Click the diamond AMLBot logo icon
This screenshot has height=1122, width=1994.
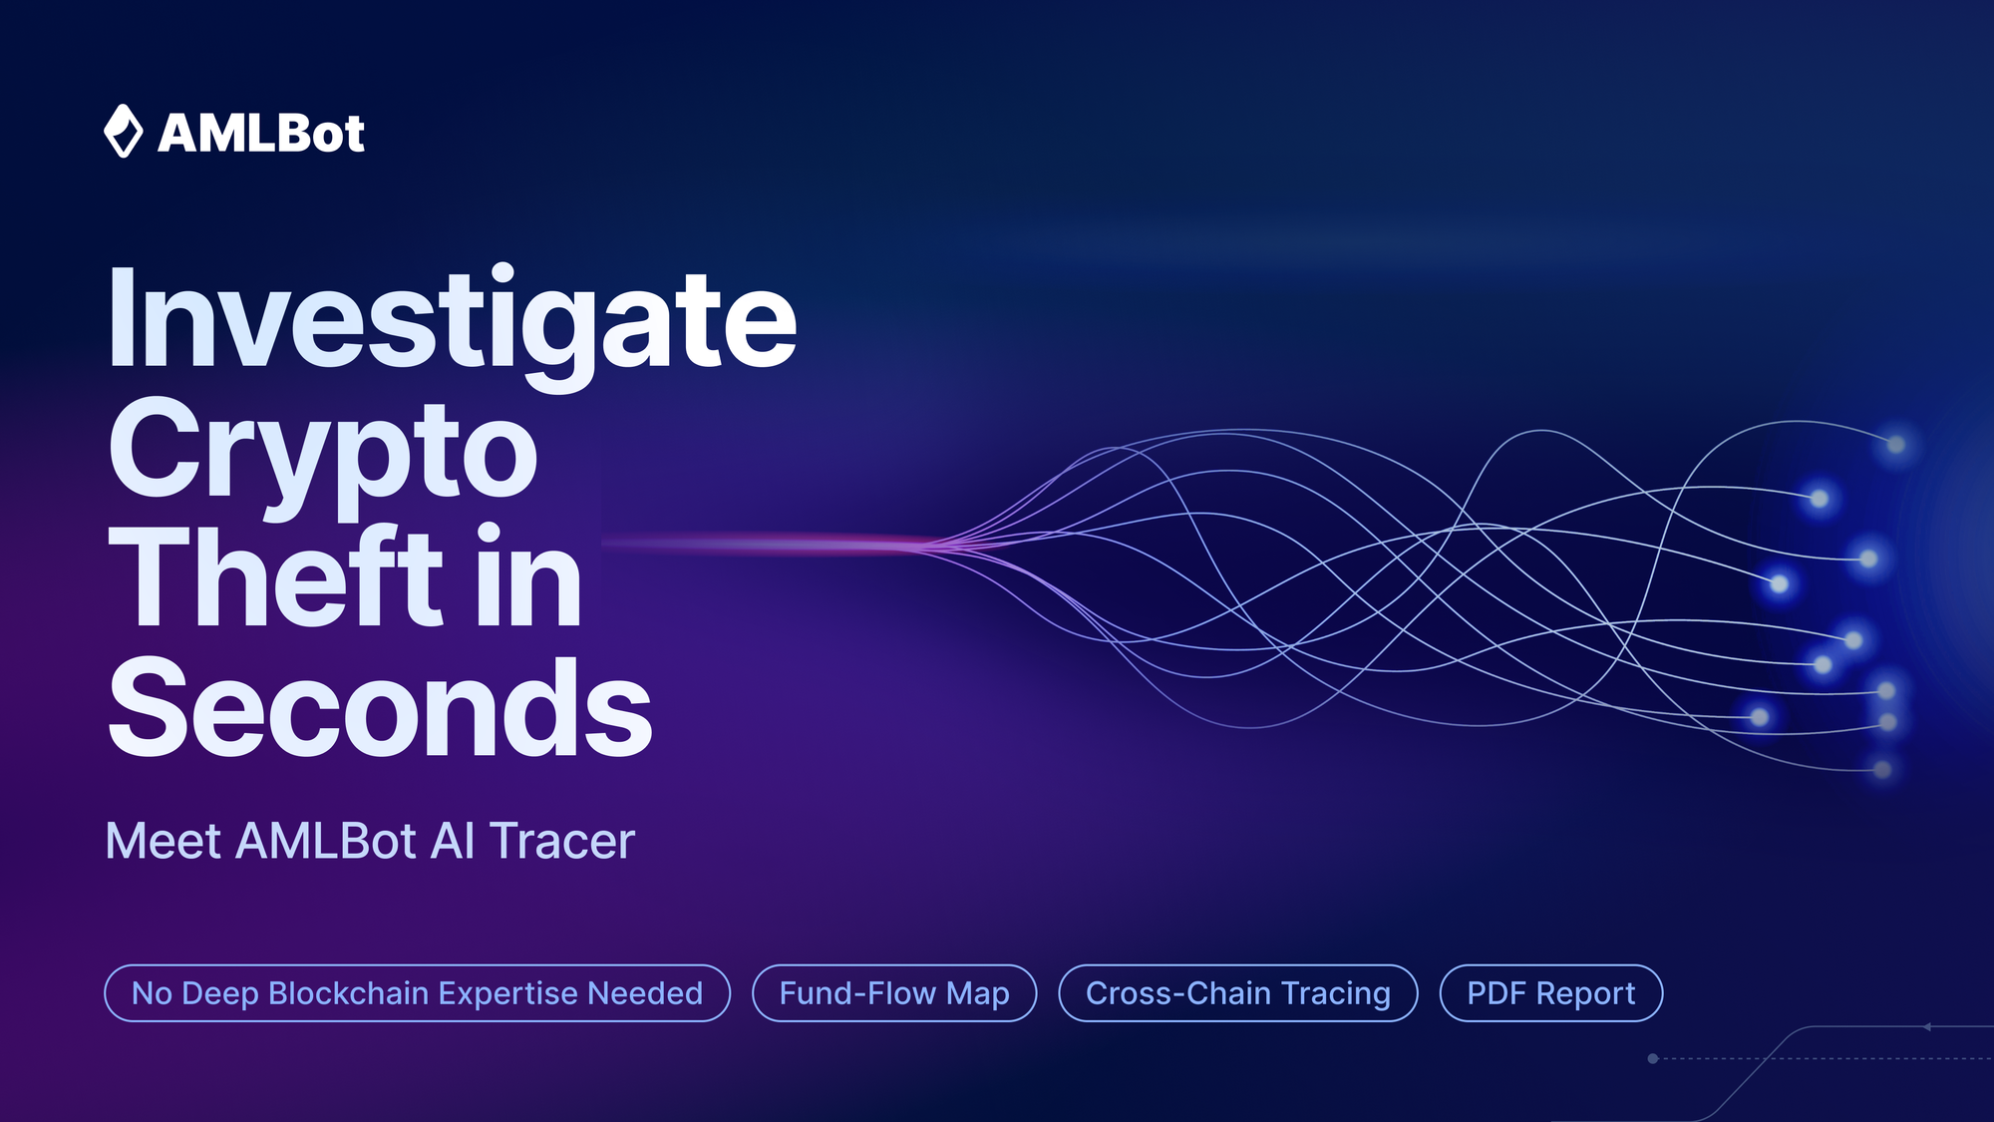[124, 131]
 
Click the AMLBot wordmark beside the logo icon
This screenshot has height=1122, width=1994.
[261, 134]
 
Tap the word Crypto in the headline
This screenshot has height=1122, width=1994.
[323, 451]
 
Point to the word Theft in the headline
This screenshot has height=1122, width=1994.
[275, 577]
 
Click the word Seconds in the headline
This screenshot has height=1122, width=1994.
[380, 707]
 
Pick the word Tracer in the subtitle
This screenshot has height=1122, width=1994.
[561, 841]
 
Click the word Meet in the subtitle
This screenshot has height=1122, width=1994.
[163, 841]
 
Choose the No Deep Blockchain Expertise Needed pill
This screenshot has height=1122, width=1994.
[417, 993]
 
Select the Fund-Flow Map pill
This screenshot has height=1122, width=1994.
[894, 993]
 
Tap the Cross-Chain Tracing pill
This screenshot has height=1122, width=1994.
[1237, 993]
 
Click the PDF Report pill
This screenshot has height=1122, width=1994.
[1550, 993]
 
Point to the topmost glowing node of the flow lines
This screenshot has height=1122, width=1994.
[1896, 445]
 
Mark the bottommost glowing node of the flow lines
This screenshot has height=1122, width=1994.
[1882, 770]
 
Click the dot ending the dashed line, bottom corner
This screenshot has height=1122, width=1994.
[1653, 1058]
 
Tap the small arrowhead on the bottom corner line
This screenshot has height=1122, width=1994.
[1927, 1026]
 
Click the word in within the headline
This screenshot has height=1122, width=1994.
[528, 577]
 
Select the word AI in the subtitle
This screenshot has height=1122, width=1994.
[453, 841]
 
